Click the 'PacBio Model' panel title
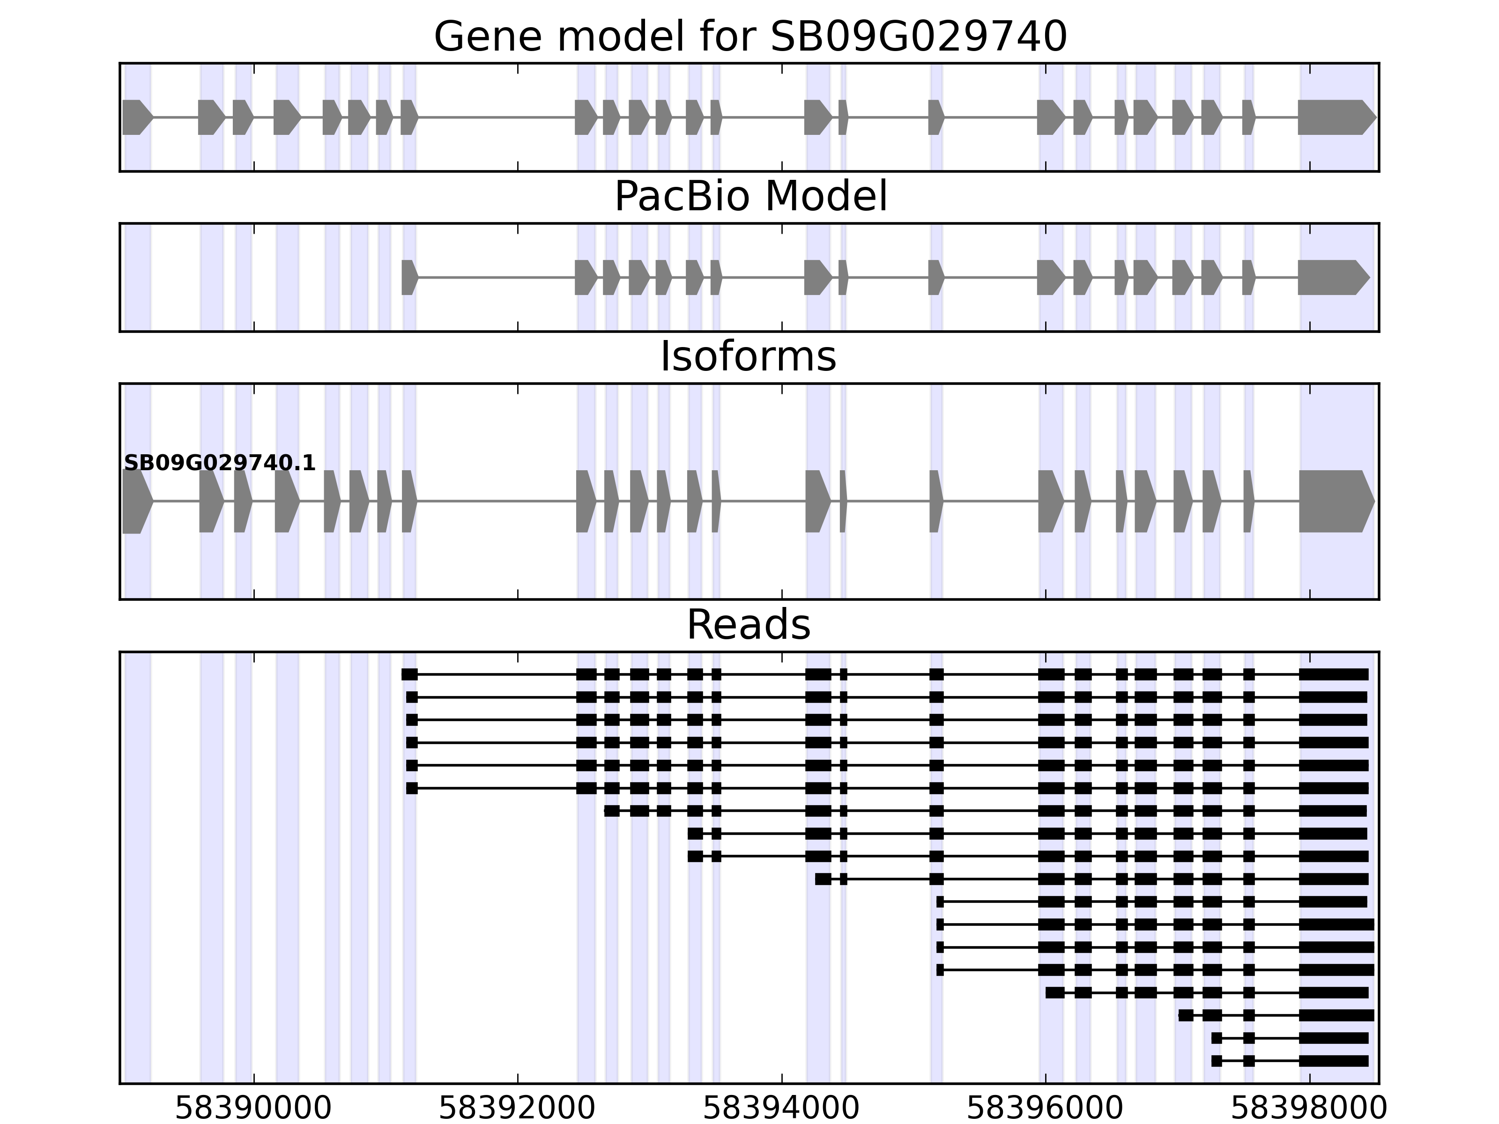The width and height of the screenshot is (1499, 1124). point(749,197)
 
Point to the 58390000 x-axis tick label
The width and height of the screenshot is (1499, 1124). point(253,1109)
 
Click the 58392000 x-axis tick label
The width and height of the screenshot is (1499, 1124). point(517,1109)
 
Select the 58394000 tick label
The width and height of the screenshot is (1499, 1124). point(781,1109)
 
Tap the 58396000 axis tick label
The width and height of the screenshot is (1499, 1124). point(1045,1109)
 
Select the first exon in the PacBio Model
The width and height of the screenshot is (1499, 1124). point(408,277)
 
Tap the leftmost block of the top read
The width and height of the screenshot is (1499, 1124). point(409,674)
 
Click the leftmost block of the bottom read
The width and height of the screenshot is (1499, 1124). point(1217,1061)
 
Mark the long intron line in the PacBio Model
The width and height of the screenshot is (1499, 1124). point(496,277)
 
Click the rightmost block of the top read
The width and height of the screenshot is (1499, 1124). point(1334,674)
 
